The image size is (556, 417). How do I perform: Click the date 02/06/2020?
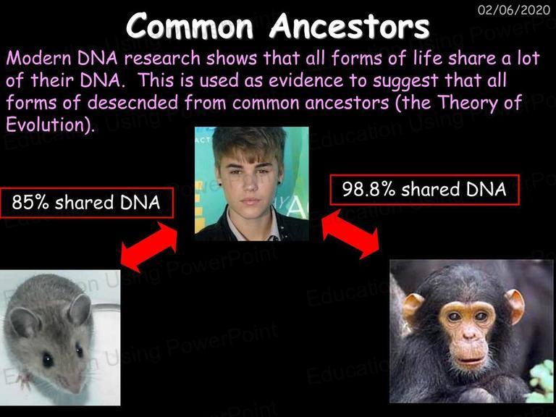click(x=514, y=9)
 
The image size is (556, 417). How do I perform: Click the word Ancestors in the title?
click(x=349, y=26)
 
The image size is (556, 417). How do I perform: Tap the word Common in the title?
click(x=190, y=27)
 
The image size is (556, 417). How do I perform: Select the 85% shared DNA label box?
click(x=87, y=203)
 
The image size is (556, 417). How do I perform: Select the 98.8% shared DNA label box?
click(x=424, y=190)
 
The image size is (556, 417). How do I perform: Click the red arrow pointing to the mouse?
click(x=149, y=247)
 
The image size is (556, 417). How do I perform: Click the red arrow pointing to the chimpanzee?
click(x=350, y=234)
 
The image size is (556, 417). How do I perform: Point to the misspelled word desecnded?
click(x=132, y=103)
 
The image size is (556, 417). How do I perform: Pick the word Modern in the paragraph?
click(x=38, y=59)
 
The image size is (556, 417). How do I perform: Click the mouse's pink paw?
click(x=25, y=379)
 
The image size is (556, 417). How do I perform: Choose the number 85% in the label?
click(x=30, y=203)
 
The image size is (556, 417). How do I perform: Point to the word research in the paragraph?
click(x=161, y=59)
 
